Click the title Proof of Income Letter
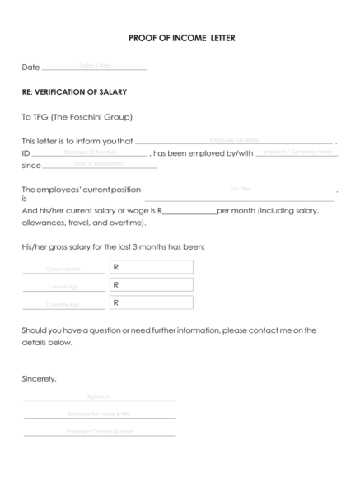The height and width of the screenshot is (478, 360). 182,38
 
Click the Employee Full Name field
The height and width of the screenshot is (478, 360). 234,141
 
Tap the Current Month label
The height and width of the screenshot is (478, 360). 63,269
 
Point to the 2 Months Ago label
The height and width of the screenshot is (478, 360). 63,305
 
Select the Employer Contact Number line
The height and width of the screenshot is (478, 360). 99,432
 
